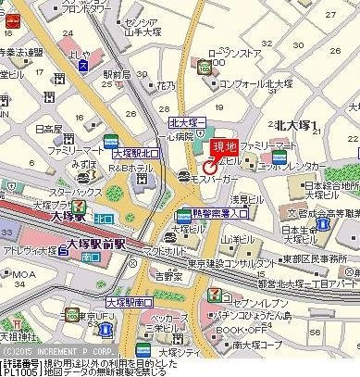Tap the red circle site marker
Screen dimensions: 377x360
pos(210,167)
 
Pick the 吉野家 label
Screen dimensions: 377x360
pos(168,275)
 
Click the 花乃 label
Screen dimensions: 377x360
pos(166,85)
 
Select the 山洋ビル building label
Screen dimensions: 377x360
pos(236,237)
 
